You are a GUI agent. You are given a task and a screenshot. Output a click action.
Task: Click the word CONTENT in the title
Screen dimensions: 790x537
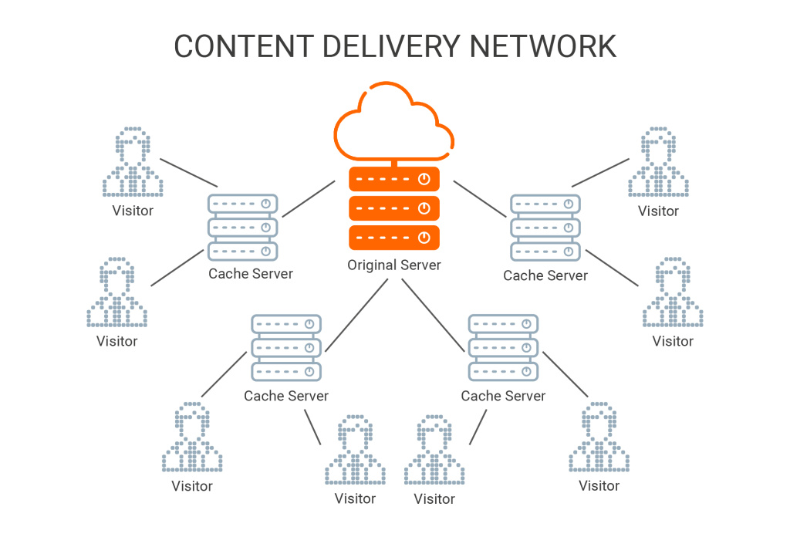tap(244, 46)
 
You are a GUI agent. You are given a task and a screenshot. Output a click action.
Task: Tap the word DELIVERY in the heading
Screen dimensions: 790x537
tap(391, 46)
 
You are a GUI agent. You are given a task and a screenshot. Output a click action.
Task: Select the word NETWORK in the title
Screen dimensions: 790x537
tap(542, 46)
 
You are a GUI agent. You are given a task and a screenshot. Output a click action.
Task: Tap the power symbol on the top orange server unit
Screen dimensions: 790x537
tap(424, 179)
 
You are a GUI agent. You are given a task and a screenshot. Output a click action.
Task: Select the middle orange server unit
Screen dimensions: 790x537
tap(394, 208)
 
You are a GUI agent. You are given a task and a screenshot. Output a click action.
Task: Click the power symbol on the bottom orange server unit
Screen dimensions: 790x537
tap(424, 238)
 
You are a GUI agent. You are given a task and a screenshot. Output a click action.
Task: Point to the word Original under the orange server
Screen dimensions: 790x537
tap(371, 265)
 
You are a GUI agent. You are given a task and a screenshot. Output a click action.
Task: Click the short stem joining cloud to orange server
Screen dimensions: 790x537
tap(394, 164)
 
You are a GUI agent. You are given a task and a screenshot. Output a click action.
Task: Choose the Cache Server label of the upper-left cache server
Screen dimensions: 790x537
tap(251, 274)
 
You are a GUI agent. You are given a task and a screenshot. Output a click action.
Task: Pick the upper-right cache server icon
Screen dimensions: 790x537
tap(545, 228)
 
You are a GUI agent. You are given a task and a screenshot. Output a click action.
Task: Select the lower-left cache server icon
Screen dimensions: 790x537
tap(286, 348)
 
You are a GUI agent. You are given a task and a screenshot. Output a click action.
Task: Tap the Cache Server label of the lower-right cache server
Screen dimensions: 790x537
tap(503, 396)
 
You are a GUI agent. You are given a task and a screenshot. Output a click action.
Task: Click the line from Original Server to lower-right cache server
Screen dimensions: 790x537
tap(433, 315)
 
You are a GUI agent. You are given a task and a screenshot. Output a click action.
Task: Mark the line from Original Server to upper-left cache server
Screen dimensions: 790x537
tap(309, 199)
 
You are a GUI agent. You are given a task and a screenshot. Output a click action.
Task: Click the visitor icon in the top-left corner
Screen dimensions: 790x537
tap(133, 162)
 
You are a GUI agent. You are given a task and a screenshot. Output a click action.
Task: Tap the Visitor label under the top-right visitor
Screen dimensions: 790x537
tap(658, 211)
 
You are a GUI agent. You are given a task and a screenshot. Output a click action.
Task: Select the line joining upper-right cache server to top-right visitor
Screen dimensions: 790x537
tap(600, 173)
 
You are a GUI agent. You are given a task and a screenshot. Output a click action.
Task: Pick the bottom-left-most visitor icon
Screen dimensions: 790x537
tap(192, 437)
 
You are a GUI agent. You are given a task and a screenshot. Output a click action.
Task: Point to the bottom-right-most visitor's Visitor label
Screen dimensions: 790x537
tap(599, 485)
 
